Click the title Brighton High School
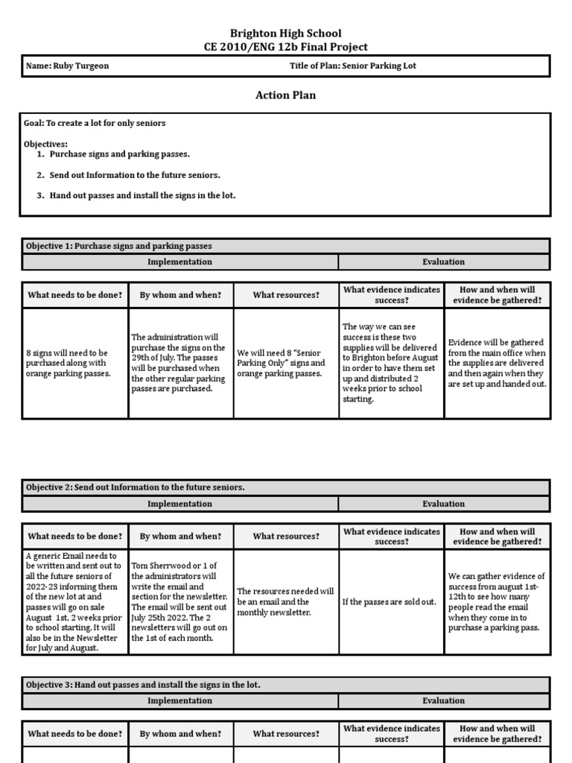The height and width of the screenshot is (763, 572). pyautogui.click(x=286, y=33)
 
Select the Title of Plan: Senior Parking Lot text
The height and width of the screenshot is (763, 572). pyautogui.click(x=352, y=66)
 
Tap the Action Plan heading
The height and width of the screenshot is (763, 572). pyautogui.click(x=286, y=95)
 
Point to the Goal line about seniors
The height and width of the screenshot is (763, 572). pyautogui.click(x=95, y=123)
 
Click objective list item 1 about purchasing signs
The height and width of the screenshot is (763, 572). pyautogui.click(x=119, y=154)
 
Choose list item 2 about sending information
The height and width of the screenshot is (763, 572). pyautogui.click(x=135, y=175)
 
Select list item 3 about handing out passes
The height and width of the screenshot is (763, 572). pyautogui.click(x=142, y=196)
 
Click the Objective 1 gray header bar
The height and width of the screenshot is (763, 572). pyautogui.click(x=286, y=246)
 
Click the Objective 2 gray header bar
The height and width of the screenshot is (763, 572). pyautogui.click(x=286, y=487)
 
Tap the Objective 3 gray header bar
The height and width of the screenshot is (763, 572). pyautogui.click(x=286, y=685)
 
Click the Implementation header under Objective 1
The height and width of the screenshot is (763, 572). pyautogui.click(x=179, y=262)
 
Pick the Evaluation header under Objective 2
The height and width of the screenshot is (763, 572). pyautogui.click(x=444, y=504)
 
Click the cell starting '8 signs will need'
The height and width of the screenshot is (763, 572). pyautogui.click(x=74, y=363)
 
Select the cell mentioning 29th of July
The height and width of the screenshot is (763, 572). pyautogui.click(x=180, y=363)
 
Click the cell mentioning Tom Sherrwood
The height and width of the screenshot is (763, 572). pyautogui.click(x=180, y=602)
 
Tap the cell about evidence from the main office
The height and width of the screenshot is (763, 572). pyautogui.click(x=497, y=363)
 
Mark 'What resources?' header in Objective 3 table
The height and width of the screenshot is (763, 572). pyautogui.click(x=286, y=734)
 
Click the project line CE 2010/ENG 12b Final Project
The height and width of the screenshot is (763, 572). pyautogui.click(x=286, y=47)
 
